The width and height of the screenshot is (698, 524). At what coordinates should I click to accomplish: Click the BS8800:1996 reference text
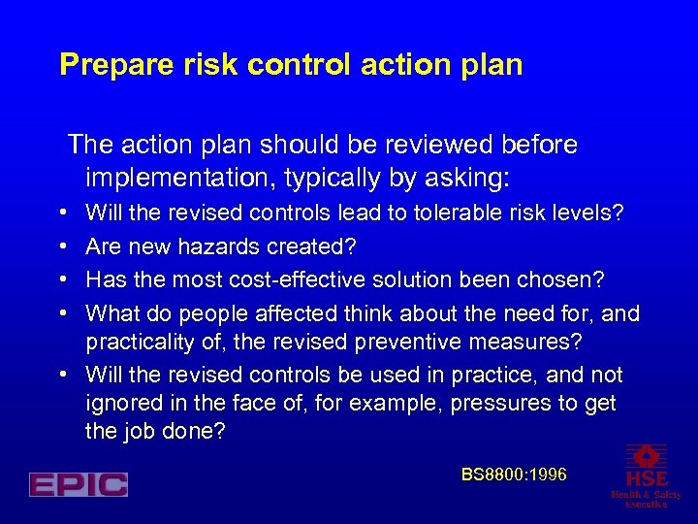point(514,475)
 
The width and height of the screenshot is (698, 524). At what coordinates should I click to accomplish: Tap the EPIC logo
point(79,484)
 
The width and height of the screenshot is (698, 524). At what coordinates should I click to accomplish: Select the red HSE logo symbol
point(646,456)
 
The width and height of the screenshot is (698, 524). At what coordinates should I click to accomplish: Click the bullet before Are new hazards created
point(62,246)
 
